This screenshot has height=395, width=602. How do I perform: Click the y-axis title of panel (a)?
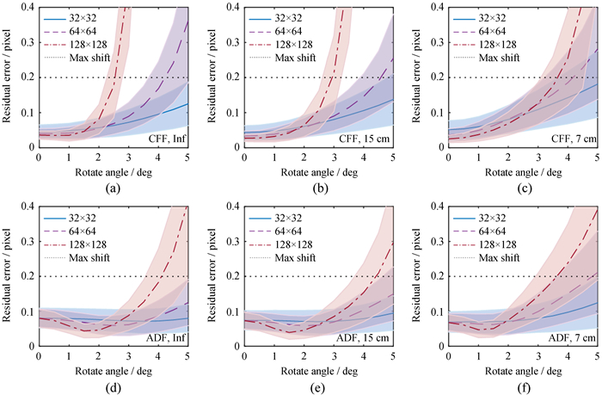coord(8,77)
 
